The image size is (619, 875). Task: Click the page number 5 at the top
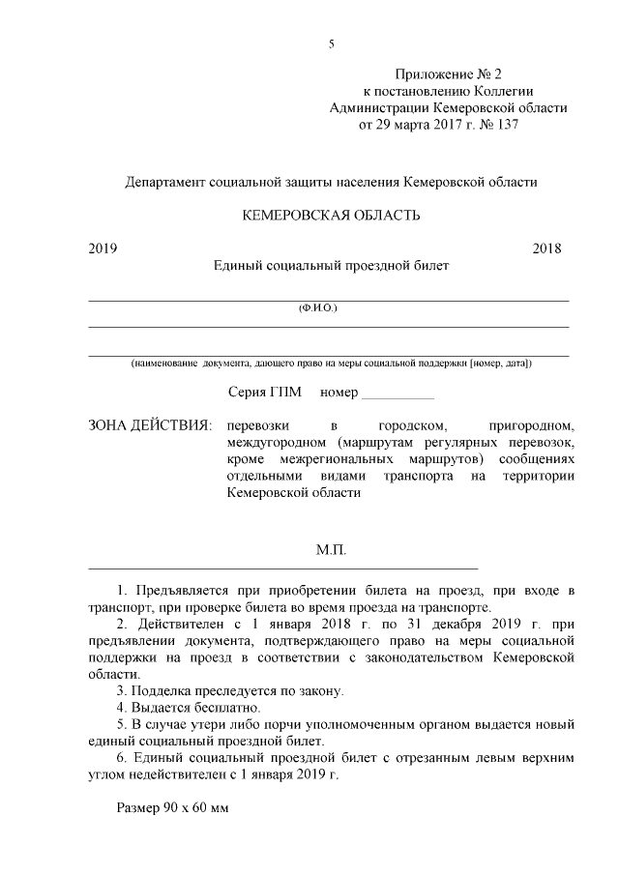[x=332, y=44]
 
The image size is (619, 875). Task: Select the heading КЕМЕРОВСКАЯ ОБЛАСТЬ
[x=331, y=215]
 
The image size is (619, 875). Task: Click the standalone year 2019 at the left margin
[x=103, y=248]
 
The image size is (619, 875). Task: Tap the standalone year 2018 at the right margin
[x=547, y=248]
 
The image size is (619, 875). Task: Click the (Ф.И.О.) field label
[x=318, y=308]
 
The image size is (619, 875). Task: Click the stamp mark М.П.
[x=331, y=550]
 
